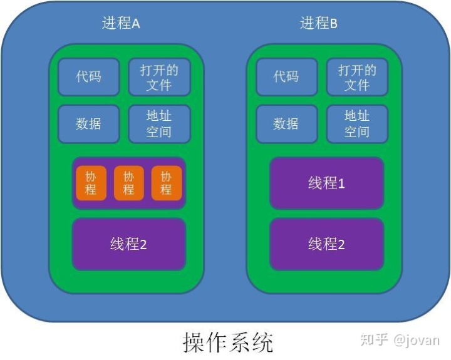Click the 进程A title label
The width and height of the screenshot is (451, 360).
click(x=121, y=24)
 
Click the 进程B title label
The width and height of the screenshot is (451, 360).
click(x=319, y=24)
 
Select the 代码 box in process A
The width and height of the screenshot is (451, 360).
click(x=88, y=77)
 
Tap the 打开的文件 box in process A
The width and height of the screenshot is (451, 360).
click(x=159, y=77)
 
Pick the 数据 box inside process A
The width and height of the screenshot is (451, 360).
click(x=88, y=123)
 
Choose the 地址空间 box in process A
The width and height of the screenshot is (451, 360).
click(x=159, y=123)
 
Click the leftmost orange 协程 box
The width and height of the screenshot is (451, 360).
click(x=91, y=183)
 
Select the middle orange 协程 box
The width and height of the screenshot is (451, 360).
click(x=128, y=183)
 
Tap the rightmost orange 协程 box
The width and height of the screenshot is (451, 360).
click(x=166, y=183)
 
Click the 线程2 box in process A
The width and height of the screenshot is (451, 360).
click(x=128, y=244)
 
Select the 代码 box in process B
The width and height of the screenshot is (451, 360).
click(x=286, y=77)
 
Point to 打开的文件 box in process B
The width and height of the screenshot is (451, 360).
click(x=357, y=77)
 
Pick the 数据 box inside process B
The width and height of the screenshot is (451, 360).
click(x=286, y=123)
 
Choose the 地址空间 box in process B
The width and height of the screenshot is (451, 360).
click(x=357, y=123)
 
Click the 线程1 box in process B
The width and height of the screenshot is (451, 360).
click(x=326, y=183)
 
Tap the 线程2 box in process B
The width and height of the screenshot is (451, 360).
click(x=326, y=244)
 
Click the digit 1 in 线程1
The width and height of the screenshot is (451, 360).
click(x=341, y=183)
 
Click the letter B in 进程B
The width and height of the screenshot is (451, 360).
click(x=333, y=24)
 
